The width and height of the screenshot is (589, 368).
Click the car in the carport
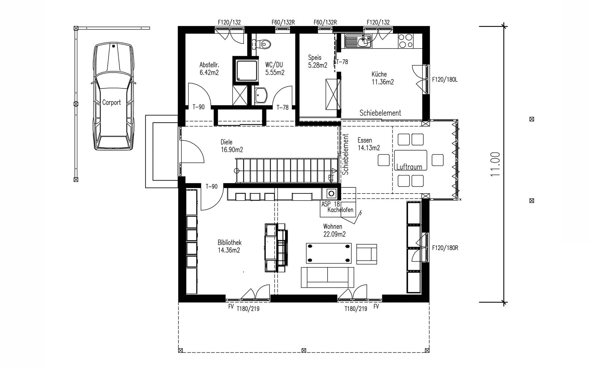pos(114,97)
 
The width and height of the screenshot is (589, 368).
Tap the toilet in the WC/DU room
pos(264,44)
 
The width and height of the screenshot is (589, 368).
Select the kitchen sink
pos(358,41)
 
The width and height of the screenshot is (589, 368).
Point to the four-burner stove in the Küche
pos(405,41)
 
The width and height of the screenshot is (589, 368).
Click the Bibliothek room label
pos(230,243)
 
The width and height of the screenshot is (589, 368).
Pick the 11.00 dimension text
pos(495,164)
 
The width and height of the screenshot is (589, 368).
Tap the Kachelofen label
pos(341,210)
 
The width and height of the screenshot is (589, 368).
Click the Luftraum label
pos(409,167)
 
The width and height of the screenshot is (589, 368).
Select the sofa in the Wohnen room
pos(327,277)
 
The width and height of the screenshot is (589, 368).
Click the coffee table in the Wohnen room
pos(329,253)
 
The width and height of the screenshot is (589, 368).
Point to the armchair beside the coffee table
pos(367,254)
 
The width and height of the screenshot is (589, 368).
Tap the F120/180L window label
pos(445,80)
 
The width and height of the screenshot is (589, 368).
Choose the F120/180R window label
pos(445,248)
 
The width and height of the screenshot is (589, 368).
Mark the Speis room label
pos(315,58)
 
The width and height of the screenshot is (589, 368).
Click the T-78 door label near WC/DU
pos(283,107)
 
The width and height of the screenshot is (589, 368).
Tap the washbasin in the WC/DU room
pos(261,95)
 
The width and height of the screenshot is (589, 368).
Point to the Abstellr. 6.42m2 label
pos(209,69)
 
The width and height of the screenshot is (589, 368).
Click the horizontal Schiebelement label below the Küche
pos(380,113)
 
